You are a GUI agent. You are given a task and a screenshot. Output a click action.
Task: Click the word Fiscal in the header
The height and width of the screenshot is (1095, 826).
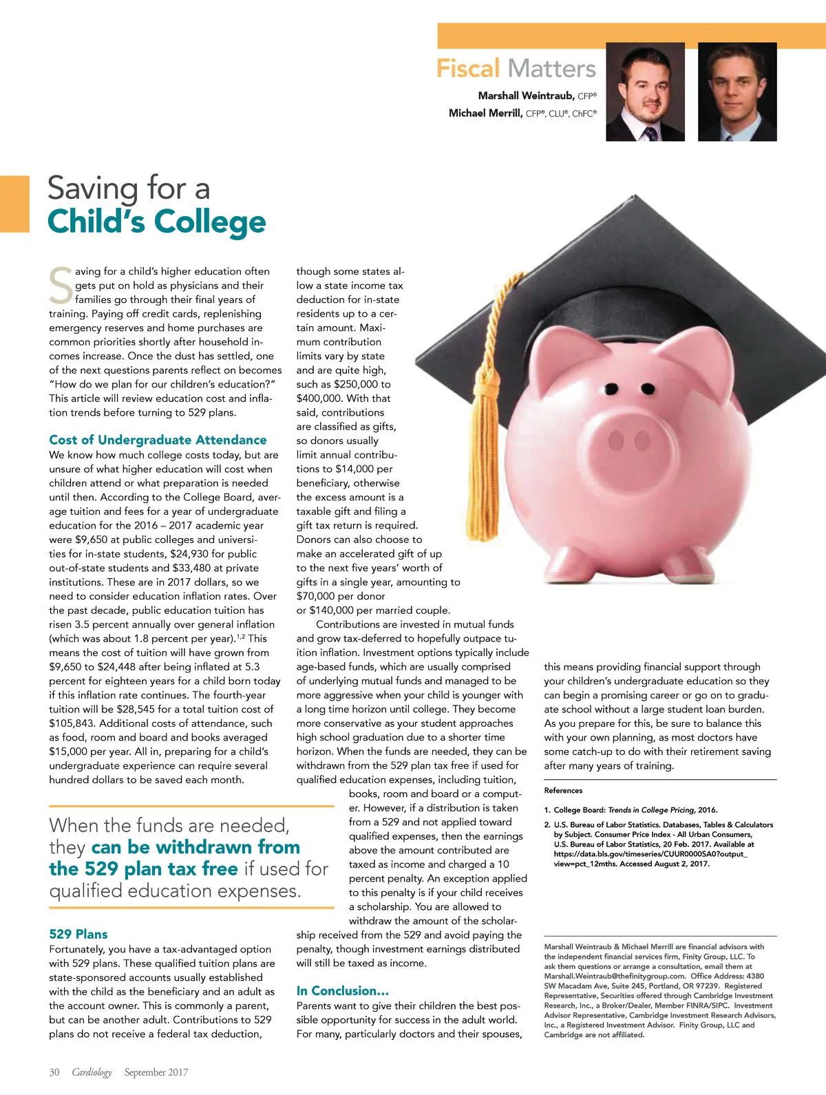point(468,69)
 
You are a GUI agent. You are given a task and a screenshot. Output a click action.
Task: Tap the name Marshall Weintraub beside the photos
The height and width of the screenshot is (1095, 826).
point(527,96)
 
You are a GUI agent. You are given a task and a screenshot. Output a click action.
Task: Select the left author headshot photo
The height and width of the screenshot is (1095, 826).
point(645,92)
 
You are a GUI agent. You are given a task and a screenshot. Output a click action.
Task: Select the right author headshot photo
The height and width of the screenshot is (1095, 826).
point(737,92)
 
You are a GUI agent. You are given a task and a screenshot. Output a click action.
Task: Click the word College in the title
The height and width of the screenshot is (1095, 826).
point(210,222)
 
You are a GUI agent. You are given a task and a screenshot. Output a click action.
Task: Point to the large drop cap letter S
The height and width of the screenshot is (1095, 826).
point(61,285)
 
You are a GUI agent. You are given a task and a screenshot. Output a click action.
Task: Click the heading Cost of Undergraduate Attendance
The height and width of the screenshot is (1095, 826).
point(158,440)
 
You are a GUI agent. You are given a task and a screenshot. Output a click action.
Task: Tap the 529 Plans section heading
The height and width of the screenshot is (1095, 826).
point(78,934)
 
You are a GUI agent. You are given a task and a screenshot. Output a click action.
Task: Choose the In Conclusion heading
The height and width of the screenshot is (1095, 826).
point(343,990)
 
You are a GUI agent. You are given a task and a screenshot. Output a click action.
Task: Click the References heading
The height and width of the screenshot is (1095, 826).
point(563,790)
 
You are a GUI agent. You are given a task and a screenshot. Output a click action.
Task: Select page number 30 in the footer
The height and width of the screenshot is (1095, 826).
point(54,1072)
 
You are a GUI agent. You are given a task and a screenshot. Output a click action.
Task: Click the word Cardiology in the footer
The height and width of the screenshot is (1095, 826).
point(92,1072)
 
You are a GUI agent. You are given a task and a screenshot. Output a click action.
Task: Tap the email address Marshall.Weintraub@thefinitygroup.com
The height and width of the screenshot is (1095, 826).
point(615,976)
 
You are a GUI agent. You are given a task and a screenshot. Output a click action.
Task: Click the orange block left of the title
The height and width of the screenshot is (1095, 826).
point(14,204)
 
